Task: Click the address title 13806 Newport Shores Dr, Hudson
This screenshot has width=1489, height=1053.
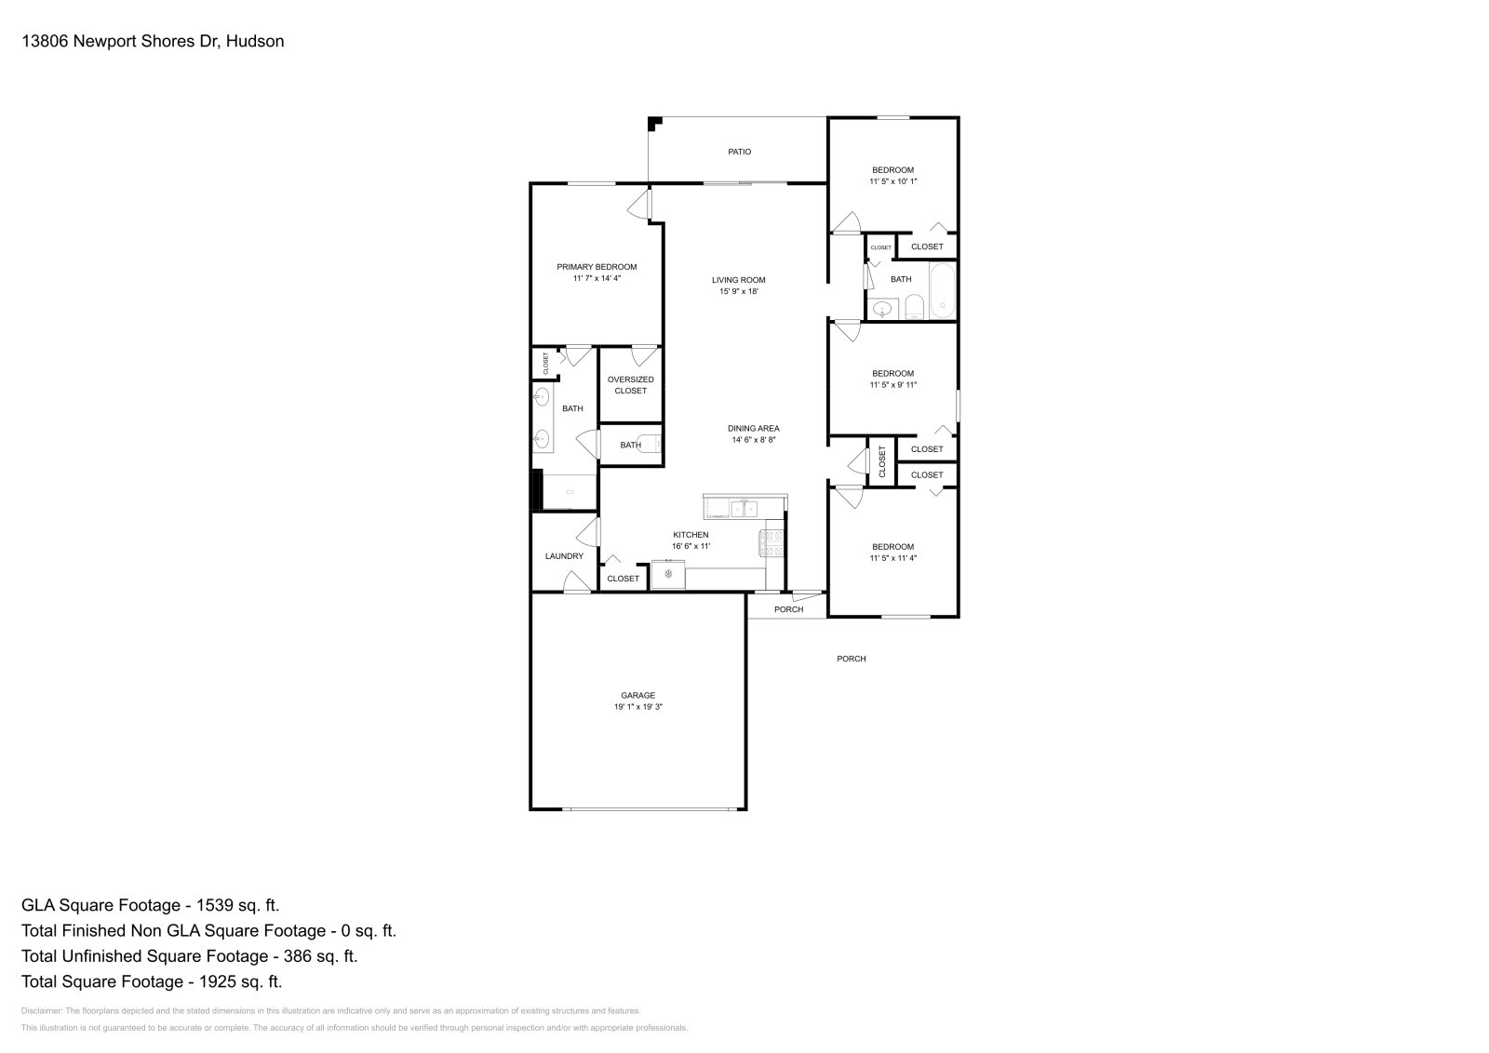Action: click(x=153, y=41)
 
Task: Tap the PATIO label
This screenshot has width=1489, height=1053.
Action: click(x=740, y=152)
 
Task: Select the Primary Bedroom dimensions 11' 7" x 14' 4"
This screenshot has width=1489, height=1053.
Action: click(x=597, y=278)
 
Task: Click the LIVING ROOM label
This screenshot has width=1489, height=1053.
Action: click(x=739, y=280)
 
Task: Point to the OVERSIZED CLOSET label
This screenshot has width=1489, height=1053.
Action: click(x=630, y=385)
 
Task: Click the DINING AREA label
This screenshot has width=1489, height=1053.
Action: click(x=753, y=429)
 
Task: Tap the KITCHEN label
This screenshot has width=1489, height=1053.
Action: click(x=691, y=535)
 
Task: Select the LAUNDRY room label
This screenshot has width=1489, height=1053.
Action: click(x=564, y=556)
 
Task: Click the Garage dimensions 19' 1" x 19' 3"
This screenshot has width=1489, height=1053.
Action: click(x=637, y=707)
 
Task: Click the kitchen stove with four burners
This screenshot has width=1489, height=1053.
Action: click(x=772, y=543)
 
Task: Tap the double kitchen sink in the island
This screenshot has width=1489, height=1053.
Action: click(x=743, y=509)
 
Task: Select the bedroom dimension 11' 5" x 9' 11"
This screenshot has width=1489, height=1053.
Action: click(x=892, y=384)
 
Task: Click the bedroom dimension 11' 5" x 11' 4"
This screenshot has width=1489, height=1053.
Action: click(x=892, y=558)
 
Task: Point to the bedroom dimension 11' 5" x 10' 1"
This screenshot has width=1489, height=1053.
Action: click(x=892, y=181)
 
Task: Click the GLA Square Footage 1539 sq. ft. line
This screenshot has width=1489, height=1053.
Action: click(x=150, y=905)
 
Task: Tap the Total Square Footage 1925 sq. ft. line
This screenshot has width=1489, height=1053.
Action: click(x=152, y=981)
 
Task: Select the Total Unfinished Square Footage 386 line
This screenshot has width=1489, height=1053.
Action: click(x=189, y=956)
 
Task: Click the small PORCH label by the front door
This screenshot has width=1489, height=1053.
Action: click(x=788, y=609)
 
